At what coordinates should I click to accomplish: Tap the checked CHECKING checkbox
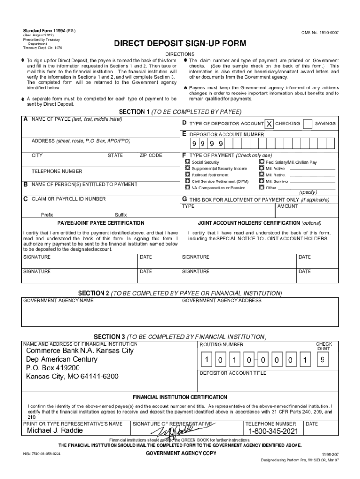pyautogui.click(x=269, y=124)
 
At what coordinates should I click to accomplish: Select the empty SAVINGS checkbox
pyautogui.click(x=308, y=124)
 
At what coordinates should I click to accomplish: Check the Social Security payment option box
pyautogui.click(x=187, y=162)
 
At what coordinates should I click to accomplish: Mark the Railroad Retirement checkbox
pyautogui.click(x=187, y=174)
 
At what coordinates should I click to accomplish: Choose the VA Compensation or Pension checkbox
pyautogui.click(x=187, y=187)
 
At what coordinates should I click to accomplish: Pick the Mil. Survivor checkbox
pyautogui.click(x=261, y=181)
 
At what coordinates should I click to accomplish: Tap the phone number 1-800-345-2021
pyautogui.click(x=273, y=431)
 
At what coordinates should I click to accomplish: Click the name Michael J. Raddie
pyautogui.click(x=55, y=430)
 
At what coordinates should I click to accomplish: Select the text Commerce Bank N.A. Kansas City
pyautogui.click(x=80, y=350)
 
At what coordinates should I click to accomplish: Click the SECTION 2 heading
pyautogui.click(x=180, y=293)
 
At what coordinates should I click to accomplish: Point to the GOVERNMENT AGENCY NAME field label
pyautogui.click(x=58, y=300)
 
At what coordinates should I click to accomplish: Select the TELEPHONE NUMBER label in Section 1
pyautogui.click(x=57, y=171)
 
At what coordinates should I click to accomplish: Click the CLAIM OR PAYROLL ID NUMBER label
pyautogui.click(x=68, y=199)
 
